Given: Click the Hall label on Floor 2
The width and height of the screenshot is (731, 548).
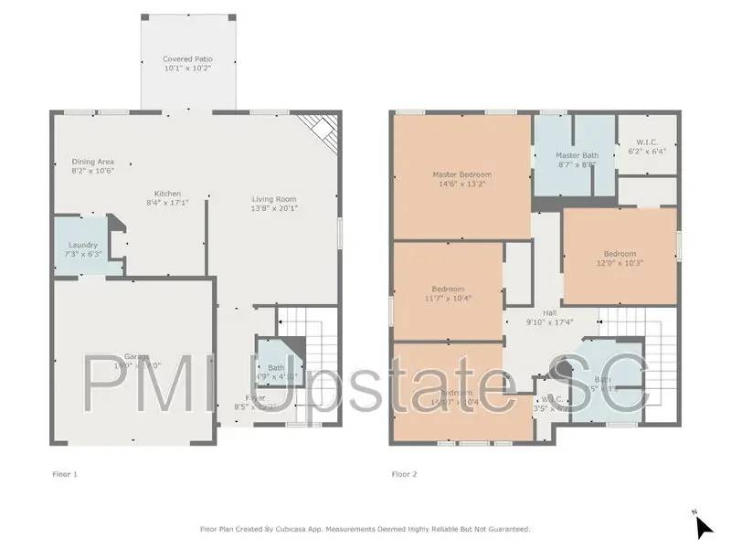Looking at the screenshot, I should [x=550, y=312].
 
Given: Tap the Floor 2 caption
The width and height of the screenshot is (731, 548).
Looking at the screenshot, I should [x=405, y=474].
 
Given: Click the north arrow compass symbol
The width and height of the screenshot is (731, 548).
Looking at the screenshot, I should [x=703, y=526].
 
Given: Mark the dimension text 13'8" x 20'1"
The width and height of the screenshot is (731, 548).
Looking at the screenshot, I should [x=274, y=208].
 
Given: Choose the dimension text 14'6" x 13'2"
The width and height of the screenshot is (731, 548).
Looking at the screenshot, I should [x=461, y=184].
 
